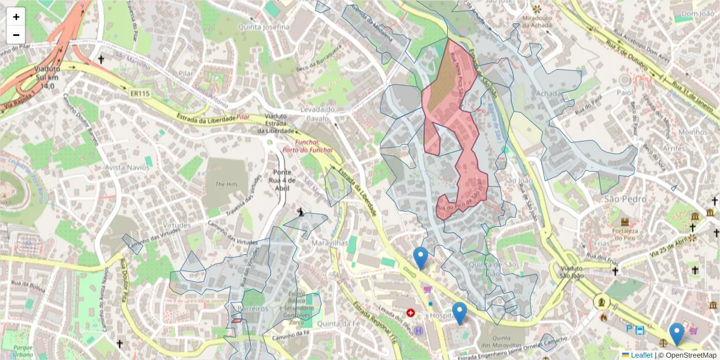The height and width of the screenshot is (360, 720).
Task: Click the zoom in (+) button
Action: coord(16,17)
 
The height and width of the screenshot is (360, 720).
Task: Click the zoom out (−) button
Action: coord(16,35)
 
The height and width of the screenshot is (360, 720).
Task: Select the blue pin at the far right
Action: coord(677,334)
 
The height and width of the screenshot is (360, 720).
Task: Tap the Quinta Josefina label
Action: coord(263,27)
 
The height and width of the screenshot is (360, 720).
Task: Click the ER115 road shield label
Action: coord(139,94)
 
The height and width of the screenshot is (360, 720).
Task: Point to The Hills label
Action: coord(226,184)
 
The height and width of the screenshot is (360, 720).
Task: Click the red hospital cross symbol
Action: coord(410,313)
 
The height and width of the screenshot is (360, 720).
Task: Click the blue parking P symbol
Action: coord(629,329)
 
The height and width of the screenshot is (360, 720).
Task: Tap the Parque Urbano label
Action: coord(24,351)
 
